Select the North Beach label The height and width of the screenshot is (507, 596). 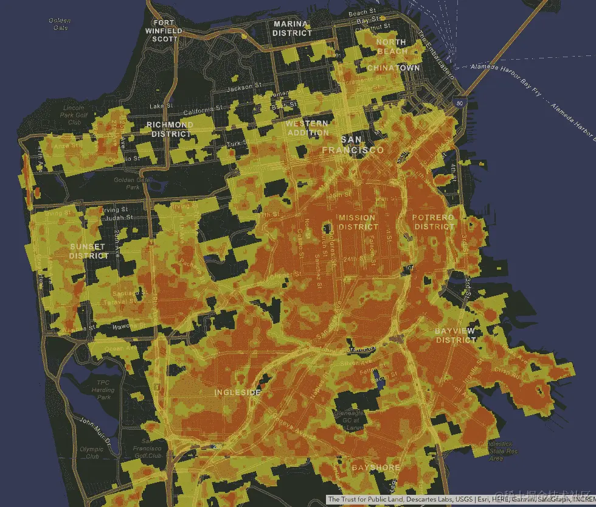pos(391,47)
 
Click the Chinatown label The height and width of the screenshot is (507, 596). pos(393,68)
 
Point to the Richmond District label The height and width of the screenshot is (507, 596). pos(170,129)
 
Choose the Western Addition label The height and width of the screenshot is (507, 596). pos(308,128)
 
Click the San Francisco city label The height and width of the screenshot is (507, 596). pos(353,145)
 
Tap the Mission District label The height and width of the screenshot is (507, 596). pos(358,222)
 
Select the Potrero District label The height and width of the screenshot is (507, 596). pos(434,222)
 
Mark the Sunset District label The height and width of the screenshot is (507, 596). pos(89,251)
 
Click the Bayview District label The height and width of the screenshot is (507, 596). pos(456,335)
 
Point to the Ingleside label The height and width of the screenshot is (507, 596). pos(237,393)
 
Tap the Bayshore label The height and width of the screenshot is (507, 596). pos(376,467)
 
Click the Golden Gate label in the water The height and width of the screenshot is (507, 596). pos(60,24)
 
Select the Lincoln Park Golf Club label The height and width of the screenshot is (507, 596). pos(75,114)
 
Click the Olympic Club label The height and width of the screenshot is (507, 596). pos(92,452)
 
